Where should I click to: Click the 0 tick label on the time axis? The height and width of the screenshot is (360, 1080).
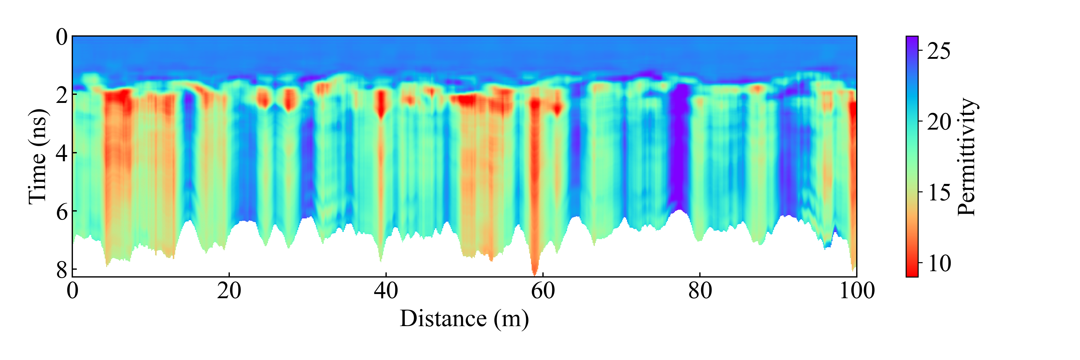(61, 37)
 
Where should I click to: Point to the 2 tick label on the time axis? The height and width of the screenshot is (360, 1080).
(61, 96)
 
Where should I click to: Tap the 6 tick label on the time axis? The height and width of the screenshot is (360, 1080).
(61, 212)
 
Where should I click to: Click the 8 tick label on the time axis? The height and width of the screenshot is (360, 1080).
(61, 270)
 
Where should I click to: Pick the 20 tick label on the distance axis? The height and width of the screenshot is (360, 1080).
(229, 291)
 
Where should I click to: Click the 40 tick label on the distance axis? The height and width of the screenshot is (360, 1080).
(386, 291)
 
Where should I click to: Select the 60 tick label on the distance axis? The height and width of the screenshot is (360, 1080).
(543, 291)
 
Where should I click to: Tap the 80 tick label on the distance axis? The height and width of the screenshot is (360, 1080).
(700, 291)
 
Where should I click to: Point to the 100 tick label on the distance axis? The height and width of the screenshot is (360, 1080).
(856, 291)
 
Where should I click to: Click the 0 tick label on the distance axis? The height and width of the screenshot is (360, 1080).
(73, 291)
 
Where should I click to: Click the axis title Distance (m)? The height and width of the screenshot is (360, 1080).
(464, 319)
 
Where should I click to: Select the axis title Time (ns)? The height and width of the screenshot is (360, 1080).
(38, 157)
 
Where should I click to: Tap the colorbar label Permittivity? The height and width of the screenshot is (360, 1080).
(967, 157)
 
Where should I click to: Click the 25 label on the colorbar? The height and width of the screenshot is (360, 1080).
(938, 51)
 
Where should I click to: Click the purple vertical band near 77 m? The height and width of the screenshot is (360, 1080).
(679, 147)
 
